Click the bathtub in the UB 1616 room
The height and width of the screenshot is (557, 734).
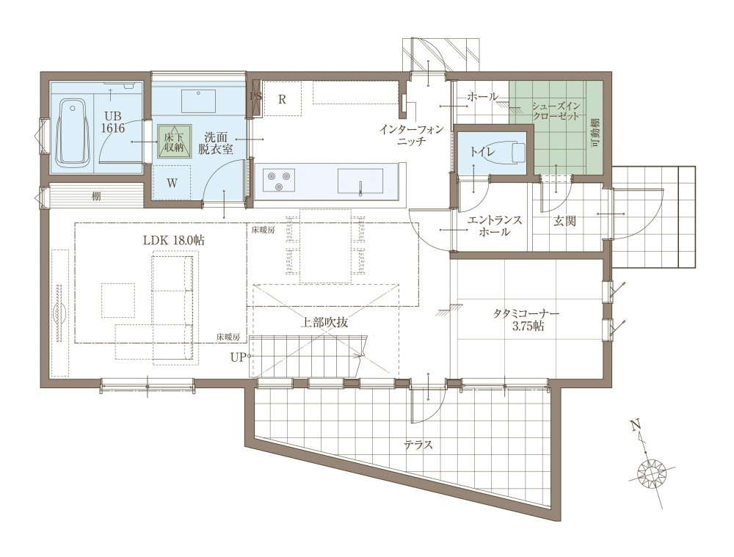(x=73, y=132)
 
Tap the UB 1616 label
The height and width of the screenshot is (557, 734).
(x=114, y=122)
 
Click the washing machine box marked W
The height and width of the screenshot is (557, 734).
(x=172, y=183)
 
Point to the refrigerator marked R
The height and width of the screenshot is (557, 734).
(x=283, y=99)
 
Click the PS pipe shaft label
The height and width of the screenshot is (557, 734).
(x=255, y=97)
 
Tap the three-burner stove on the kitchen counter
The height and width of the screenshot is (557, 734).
(x=279, y=181)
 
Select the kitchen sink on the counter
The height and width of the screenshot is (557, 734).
(x=360, y=181)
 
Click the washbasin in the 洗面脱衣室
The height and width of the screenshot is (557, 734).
(x=198, y=101)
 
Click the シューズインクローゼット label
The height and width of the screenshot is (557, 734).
(x=555, y=111)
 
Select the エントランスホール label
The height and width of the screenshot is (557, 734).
(x=494, y=225)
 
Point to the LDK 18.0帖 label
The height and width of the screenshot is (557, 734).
(x=173, y=240)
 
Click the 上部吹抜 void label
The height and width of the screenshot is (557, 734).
(x=324, y=322)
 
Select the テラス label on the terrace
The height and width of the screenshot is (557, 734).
(x=419, y=445)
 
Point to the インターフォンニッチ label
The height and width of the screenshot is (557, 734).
(x=411, y=134)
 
